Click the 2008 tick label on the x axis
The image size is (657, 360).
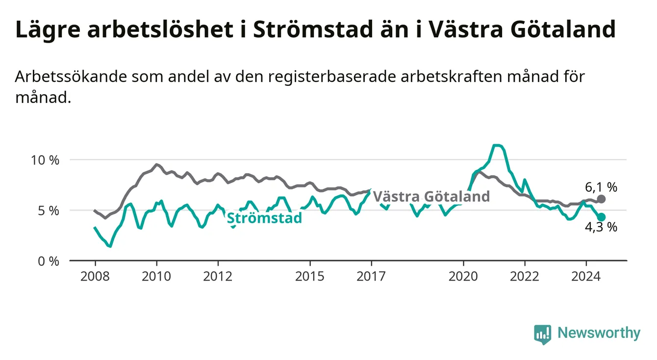click(95, 277)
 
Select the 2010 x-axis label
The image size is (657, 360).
click(156, 277)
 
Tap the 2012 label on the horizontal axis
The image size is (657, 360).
click(218, 277)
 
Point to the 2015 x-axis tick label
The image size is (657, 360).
click(310, 277)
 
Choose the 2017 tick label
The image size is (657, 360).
click(371, 277)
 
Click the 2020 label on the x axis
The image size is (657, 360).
click(463, 277)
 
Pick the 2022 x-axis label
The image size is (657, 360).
click(525, 277)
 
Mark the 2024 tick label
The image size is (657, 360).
click(586, 277)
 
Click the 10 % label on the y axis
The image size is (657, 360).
click(45, 160)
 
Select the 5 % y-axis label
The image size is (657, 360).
click(49, 211)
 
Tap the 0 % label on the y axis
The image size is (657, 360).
click(49, 261)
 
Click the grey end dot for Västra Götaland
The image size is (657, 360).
click(601, 199)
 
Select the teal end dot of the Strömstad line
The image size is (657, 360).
click(601, 217)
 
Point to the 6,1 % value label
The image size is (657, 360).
click(601, 187)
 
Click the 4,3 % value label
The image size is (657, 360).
click(601, 227)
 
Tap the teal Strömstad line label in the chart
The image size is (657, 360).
click(264, 218)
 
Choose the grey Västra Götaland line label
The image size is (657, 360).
click(431, 196)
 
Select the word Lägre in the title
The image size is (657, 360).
click(48, 30)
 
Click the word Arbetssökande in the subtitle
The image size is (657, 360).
click(71, 77)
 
